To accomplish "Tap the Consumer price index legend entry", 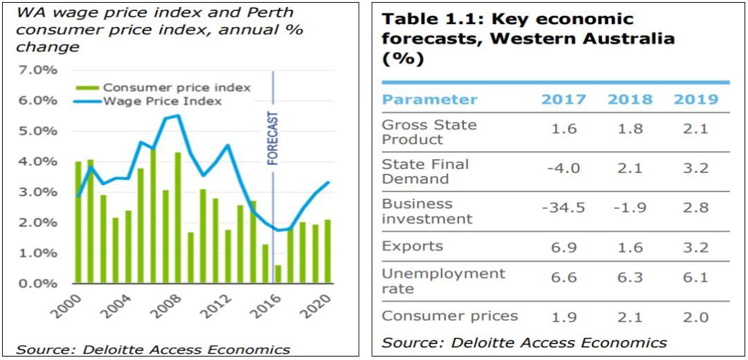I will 176,87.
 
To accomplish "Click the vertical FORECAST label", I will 273,138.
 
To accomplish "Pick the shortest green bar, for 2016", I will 278,274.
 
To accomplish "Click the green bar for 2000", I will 78,222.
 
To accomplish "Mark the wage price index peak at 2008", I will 178,116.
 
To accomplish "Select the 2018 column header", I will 630,99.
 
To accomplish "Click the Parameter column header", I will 429,99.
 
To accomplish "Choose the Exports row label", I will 412,246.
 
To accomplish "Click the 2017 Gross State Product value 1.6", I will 563,129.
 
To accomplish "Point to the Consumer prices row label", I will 449,316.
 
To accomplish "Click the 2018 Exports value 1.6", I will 630,247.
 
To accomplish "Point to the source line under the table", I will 524,342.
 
